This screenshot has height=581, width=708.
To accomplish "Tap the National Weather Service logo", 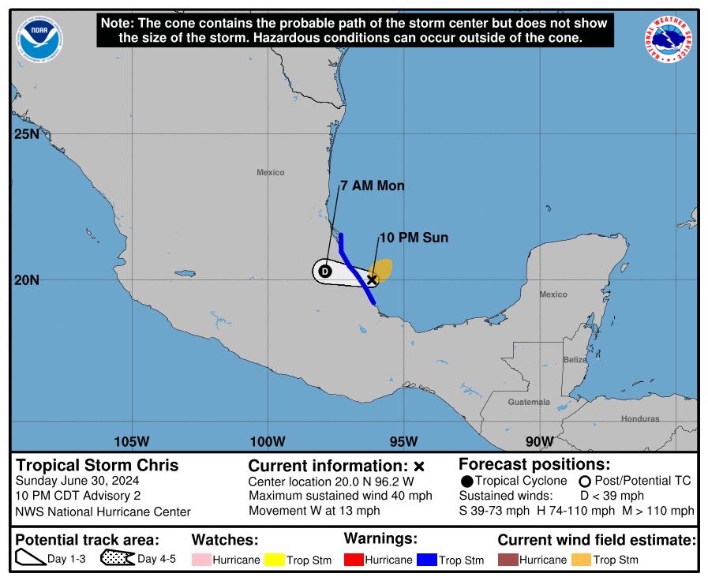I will pyautogui.click(x=669, y=40).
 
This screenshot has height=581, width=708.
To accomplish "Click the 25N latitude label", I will pyautogui.click(x=26, y=134).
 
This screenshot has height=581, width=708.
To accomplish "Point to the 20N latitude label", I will pyautogui.click(x=26, y=280).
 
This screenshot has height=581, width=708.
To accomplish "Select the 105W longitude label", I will pyautogui.click(x=132, y=440).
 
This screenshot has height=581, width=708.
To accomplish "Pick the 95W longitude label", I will pyautogui.click(x=403, y=440).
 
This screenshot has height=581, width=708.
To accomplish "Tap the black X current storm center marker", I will pyautogui.click(x=373, y=279).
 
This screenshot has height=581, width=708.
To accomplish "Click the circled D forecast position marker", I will pyautogui.click(x=324, y=272).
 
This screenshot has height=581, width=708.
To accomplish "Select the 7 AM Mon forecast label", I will pyautogui.click(x=373, y=186).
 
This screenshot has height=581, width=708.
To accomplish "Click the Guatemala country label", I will pyautogui.click(x=529, y=402).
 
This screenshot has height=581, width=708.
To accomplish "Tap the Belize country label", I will pyautogui.click(x=575, y=360).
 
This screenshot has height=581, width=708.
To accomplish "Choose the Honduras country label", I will pyautogui.click(x=639, y=419).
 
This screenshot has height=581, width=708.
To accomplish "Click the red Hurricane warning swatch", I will pyautogui.click(x=353, y=560).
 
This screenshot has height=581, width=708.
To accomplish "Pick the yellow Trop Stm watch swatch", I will pyautogui.click(x=273, y=560).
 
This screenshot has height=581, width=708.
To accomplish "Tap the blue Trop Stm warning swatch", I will pyautogui.click(x=427, y=560).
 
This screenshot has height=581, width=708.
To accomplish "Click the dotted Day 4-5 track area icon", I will pyautogui.click(x=117, y=559).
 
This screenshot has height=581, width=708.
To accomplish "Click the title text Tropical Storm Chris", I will pyautogui.click(x=97, y=465).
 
